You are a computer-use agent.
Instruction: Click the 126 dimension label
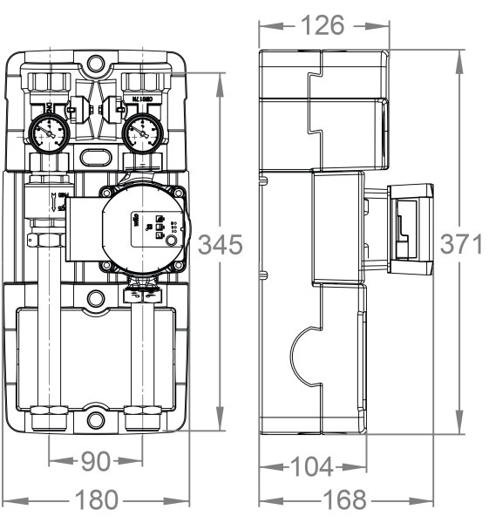323,25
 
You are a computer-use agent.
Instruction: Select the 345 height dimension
219,246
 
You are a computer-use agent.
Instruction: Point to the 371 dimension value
460,244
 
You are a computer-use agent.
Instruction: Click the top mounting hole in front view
96,65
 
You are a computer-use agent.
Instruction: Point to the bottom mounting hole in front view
96,422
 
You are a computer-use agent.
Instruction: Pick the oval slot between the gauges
96,155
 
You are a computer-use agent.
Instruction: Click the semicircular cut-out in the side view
301,358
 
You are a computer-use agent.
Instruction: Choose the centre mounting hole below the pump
96,299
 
